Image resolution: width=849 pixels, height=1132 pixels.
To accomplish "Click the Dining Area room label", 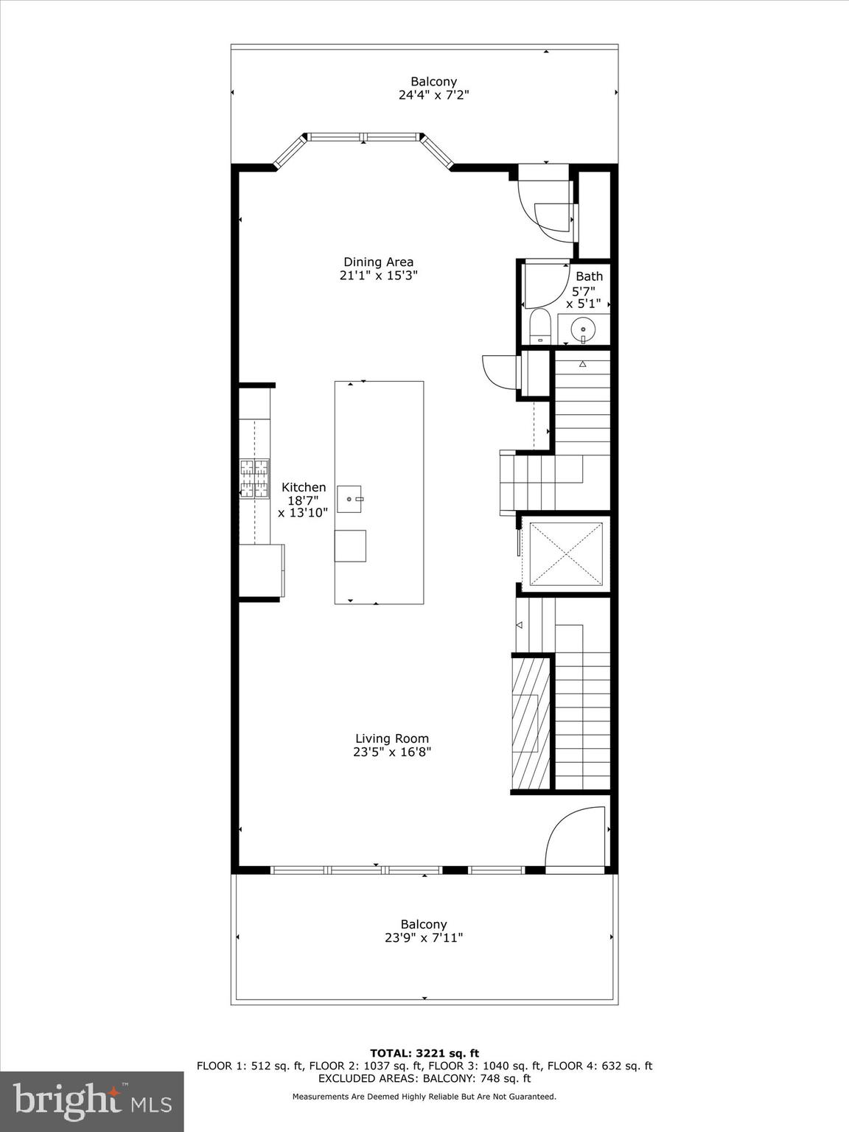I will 378,262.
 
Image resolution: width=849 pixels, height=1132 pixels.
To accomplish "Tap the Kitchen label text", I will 304,487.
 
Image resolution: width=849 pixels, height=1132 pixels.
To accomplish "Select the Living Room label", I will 391,738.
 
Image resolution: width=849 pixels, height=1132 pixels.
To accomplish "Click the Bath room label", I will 589,276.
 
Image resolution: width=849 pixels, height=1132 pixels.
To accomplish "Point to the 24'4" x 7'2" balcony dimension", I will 433,95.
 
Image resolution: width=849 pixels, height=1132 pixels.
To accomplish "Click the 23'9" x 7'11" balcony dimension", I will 424,938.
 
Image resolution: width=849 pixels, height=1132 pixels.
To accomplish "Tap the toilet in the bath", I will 540,326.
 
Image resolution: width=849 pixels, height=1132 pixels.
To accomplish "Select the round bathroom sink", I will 583,328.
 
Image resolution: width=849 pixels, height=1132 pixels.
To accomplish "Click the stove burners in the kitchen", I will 254,479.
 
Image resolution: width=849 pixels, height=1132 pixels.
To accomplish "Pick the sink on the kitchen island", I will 350,499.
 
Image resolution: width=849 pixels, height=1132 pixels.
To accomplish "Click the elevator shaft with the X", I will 566,553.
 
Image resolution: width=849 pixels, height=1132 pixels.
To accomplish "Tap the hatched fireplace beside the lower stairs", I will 531,722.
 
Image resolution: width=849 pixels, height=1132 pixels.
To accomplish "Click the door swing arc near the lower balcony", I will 575,836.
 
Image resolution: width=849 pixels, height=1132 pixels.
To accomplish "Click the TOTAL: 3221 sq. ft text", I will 424,1053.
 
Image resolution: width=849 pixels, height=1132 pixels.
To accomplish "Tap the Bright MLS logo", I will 91,1101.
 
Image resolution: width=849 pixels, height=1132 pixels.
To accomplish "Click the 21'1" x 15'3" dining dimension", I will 378,276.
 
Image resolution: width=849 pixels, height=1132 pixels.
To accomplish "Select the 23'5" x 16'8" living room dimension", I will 391,752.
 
